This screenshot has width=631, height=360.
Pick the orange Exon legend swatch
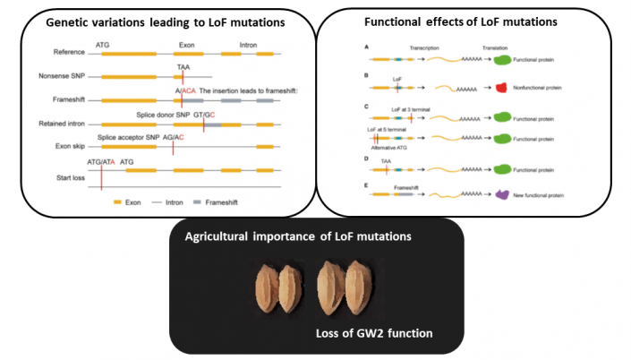pos(119,203)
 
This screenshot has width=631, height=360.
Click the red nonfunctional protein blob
pos(501,88)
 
